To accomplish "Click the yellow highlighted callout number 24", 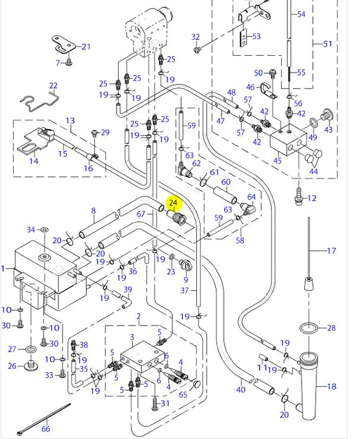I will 174,203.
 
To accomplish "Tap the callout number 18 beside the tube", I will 331,386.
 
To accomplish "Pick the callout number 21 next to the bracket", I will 86,47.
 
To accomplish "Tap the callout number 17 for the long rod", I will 331,251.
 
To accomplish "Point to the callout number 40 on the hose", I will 241,389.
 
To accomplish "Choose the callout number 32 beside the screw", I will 196,37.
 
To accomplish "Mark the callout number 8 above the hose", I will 94,211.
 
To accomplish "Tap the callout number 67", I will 141,214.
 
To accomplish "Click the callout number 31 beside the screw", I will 164,404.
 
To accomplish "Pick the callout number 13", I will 70,120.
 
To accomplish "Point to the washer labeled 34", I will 44,230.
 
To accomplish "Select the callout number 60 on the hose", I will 226,182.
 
